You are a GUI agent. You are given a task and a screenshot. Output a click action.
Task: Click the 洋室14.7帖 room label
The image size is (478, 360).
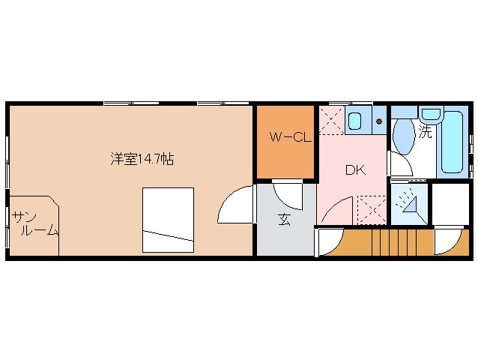point(142,159)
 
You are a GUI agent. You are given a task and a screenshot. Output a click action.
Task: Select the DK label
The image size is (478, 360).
point(354,170)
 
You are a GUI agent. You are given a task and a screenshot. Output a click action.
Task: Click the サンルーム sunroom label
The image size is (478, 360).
point(34,224)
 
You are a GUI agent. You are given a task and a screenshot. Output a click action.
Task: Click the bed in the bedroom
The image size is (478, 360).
point(169,220)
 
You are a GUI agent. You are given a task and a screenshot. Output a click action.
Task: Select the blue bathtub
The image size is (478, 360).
point(453,143)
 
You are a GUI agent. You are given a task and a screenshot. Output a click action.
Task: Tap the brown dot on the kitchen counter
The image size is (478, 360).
point(379,121)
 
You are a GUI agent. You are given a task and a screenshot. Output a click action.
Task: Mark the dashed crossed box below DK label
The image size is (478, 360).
point(371,209)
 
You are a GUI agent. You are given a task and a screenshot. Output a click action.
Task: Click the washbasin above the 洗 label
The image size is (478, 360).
point(430,115)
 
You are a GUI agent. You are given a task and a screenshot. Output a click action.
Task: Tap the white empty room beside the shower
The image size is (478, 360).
point(450,203)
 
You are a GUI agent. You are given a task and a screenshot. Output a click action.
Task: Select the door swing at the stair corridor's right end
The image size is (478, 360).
point(447,241)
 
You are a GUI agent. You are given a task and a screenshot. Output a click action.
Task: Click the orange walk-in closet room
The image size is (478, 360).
point(285,142)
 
